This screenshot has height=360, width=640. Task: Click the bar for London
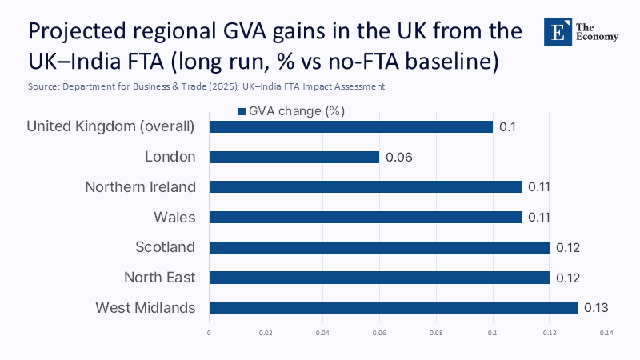coord(294,157)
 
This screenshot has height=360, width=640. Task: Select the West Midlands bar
coord(393,307)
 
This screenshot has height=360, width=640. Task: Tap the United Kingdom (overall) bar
coord(350,126)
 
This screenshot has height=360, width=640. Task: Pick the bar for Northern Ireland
coord(365,186)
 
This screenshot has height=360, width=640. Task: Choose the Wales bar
coord(365,217)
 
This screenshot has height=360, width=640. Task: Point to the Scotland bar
coord(379,247)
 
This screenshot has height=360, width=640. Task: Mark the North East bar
coord(379,278)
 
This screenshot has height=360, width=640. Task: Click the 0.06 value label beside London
coord(398,157)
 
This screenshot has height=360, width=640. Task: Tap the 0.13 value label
coord(597,307)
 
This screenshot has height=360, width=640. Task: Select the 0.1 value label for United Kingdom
coord(506,126)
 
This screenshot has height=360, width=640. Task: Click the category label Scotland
coord(166,247)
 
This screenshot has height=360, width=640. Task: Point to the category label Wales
coord(174,217)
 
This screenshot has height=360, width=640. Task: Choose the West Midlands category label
coord(145,307)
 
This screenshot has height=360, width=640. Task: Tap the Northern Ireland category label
coord(140,186)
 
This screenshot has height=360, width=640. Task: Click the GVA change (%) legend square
coord(241,111)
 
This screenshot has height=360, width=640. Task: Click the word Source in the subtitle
coord(43,86)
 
